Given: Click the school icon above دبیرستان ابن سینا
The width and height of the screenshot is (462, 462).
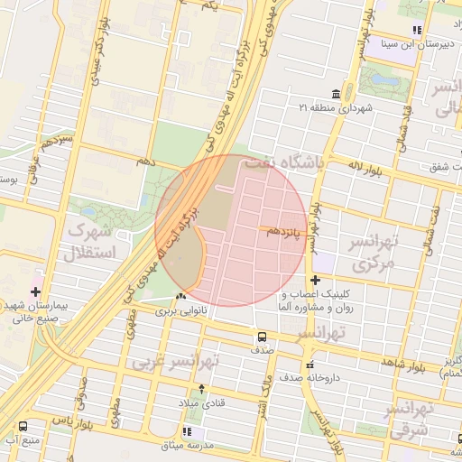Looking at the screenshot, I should (x=416, y=31).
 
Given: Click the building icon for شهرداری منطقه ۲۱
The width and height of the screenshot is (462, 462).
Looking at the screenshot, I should (x=336, y=95).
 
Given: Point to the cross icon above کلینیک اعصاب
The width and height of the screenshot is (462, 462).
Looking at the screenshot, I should (x=315, y=281).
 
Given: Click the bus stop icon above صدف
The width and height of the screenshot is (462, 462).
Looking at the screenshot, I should (x=262, y=337).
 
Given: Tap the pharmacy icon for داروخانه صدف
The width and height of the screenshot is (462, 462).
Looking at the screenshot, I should (x=310, y=365).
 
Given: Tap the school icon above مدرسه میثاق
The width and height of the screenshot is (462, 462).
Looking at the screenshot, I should (x=185, y=432).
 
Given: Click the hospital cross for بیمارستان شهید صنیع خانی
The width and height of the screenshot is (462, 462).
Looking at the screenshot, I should (x=35, y=291).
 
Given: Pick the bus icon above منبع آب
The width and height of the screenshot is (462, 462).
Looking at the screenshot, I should (x=23, y=426).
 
